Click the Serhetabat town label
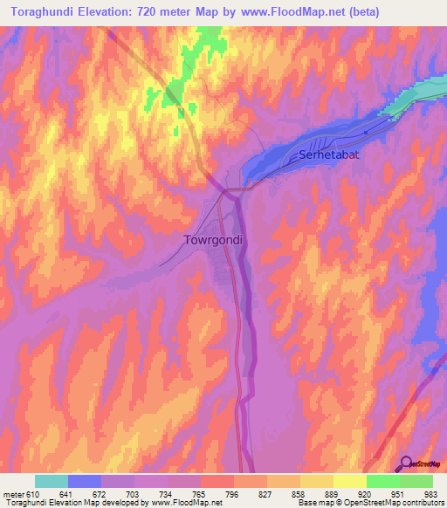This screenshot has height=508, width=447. (329, 154)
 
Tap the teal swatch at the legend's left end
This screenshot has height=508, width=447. (52, 481)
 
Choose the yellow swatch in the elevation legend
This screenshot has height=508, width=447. (349, 481)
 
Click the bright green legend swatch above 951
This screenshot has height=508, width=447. (382, 481)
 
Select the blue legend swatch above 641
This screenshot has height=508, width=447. (85, 481)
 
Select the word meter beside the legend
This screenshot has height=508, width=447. (12, 493)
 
